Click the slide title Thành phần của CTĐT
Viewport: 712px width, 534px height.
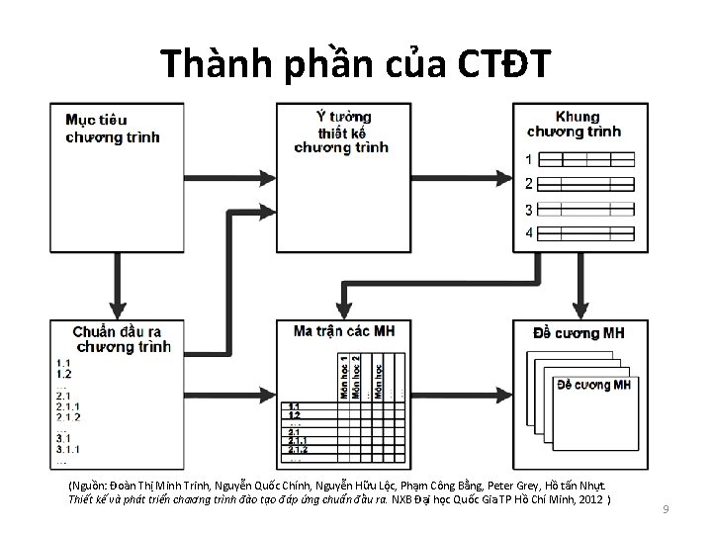click(x=355, y=64)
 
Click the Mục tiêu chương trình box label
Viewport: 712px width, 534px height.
click(x=112, y=129)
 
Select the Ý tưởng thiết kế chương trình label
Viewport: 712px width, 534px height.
click(x=341, y=132)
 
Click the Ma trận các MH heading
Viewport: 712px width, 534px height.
click(x=344, y=330)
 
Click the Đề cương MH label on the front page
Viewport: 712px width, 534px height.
click(x=593, y=384)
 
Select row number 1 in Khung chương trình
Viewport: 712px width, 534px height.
click(x=529, y=159)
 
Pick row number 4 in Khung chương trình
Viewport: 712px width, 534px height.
click(x=529, y=233)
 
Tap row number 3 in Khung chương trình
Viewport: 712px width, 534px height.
click(x=529, y=209)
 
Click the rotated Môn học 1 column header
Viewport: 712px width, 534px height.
click(x=343, y=376)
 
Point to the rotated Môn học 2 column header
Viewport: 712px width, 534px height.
click(x=357, y=376)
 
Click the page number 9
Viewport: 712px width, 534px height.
click(x=667, y=509)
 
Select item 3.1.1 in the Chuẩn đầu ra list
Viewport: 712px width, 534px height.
click(x=69, y=449)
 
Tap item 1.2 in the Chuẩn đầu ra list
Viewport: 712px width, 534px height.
click(x=63, y=375)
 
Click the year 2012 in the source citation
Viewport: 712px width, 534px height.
click(x=592, y=500)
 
